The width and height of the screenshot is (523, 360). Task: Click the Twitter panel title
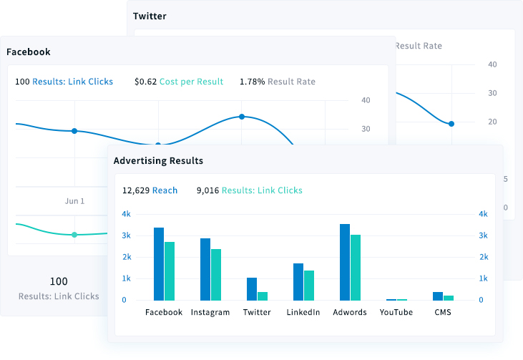click(150, 16)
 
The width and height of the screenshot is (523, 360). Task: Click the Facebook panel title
click(29, 52)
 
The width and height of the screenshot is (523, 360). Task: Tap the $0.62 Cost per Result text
click(179, 82)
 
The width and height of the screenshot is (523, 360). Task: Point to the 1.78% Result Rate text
click(277, 82)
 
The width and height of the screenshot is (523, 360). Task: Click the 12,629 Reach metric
click(150, 190)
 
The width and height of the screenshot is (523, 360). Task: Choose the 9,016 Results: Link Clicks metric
click(249, 190)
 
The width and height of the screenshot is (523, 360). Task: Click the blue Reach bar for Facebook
click(159, 263)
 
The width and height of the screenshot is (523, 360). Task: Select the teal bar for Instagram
click(216, 274)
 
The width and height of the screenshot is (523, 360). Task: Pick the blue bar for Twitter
click(252, 288)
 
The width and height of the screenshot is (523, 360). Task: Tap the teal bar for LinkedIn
click(309, 285)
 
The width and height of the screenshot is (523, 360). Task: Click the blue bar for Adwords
click(345, 262)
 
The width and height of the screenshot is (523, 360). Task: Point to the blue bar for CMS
click(438, 296)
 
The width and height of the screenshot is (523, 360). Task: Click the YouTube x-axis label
click(396, 312)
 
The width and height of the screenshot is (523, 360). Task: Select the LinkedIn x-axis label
click(303, 312)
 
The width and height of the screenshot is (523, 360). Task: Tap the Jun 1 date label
click(74, 201)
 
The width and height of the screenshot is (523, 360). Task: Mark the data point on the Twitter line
click(451, 124)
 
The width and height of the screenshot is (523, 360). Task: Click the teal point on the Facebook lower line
click(74, 235)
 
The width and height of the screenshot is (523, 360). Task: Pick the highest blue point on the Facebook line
click(242, 117)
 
